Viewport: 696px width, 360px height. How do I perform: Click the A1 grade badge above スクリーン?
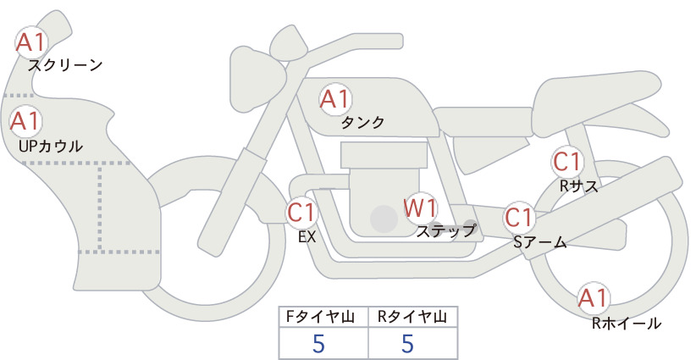coord(30,42)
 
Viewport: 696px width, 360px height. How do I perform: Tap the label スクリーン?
coord(65,65)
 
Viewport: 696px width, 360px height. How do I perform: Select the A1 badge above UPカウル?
coord(25,121)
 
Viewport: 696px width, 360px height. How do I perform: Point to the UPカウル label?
coord(51,146)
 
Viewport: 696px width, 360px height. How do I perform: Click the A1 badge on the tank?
coord(335,99)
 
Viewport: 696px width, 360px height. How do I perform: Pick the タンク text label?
coord(362,122)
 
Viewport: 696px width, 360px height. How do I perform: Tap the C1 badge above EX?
coord(302,212)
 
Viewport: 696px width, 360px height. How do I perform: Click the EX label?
coord(307,237)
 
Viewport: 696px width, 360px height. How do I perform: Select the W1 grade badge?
coord(420,208)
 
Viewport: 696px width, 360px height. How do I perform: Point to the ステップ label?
coord(445,231)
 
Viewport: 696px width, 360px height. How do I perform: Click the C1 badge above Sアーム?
coord(519,218)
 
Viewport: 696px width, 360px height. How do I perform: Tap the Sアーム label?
coord(539,242)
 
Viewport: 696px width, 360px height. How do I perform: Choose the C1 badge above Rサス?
coord(567,162)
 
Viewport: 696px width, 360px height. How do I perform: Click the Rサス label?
coord(578,186)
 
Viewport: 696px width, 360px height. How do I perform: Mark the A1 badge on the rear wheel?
coord(593,298)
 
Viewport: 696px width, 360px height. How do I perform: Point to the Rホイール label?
coord(627,324)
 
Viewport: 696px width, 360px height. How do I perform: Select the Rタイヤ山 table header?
coord(412,317)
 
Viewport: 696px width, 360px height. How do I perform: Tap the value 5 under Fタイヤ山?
coord(318,343)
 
